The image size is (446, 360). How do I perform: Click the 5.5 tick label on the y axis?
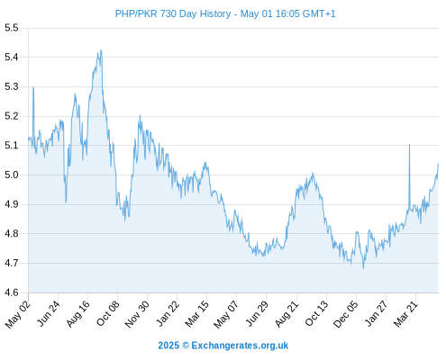12,28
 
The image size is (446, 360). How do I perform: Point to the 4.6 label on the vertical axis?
12,292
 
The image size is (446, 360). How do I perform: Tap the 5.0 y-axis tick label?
12,175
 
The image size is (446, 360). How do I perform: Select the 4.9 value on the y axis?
12,204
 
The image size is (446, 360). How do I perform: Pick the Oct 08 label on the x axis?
108,313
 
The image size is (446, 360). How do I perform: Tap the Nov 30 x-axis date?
137,314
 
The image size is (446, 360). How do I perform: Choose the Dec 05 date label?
346,314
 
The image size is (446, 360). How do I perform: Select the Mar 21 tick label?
405,313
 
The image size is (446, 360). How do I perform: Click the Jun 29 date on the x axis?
257,313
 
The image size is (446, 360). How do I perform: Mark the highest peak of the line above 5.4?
101,50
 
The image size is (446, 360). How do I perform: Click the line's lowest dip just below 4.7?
363,268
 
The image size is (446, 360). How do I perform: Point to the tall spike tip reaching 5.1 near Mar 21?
409,145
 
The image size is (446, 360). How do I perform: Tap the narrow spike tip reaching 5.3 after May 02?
33,87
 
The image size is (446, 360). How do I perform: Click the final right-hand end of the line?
438,164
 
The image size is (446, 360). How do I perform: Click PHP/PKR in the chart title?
136,13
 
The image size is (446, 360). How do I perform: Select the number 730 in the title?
168,13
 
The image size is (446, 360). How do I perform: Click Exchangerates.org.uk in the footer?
240,346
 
